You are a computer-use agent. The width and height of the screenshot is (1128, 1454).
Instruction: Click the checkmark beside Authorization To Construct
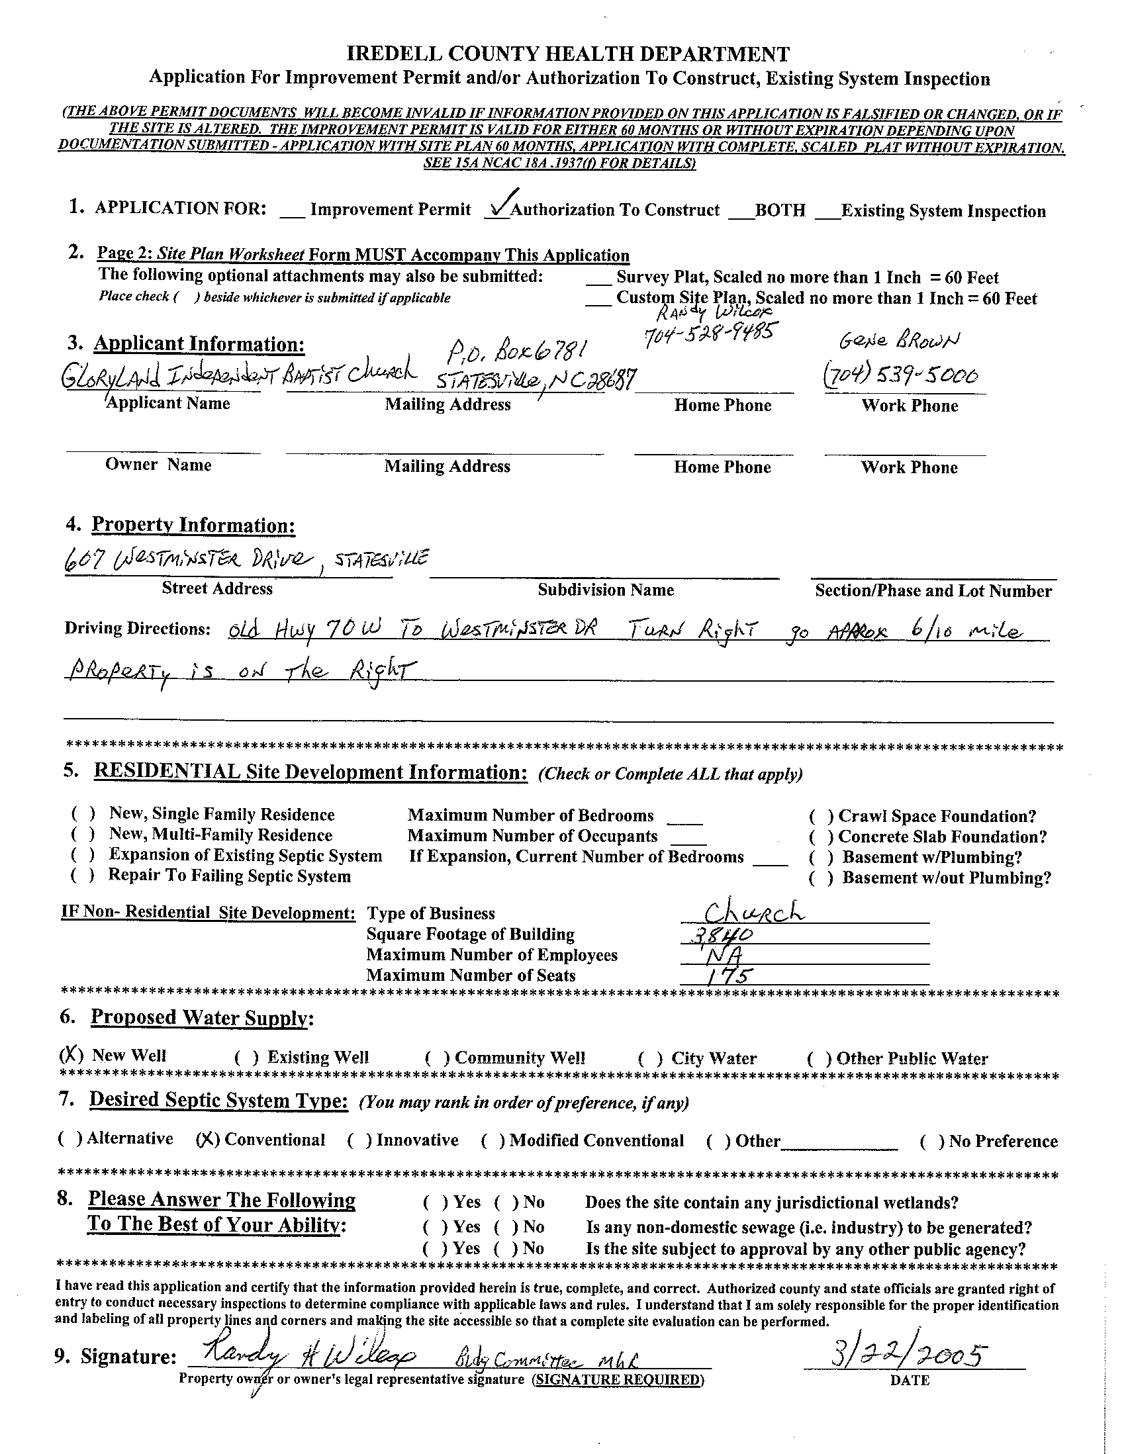pyautogui.click(x=500, y=204)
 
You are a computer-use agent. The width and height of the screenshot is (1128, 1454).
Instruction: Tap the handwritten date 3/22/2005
pyautogui.click(x=905, y=1354)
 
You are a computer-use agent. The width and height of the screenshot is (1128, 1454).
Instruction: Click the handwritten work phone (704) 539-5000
pyautogui.click(x=902, y=377)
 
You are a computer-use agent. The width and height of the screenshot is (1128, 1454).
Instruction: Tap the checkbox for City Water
pyautogui.click(x=651, y=1058)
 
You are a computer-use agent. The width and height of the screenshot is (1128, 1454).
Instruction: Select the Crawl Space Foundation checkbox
pyautogui.click(x=821, y=816)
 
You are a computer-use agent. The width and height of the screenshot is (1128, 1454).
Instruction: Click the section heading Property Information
pyautogui.click(x=193, y=525)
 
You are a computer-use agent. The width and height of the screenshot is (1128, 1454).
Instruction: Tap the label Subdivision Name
pyautogui.click(x=605, y=590)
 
